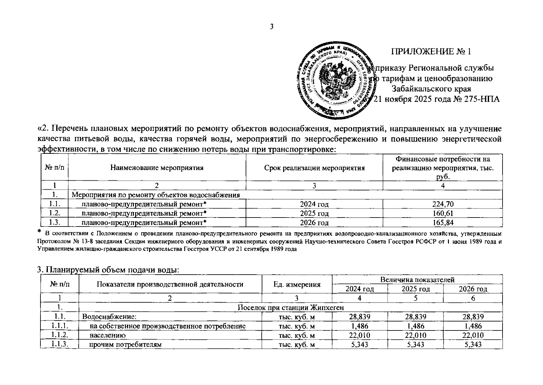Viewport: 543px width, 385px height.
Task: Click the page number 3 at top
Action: tap(271, 27)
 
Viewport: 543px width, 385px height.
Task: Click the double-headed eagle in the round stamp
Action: tap(337, 80)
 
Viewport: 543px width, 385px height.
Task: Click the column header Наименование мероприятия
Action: tap(157, 168)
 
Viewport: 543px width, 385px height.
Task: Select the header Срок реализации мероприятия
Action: tap(314, 168)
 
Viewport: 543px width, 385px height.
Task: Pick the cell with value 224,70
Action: tap(442, 204)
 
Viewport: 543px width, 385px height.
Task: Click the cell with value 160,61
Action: tap(442, 213)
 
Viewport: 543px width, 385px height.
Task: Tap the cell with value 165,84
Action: tap(442, 223)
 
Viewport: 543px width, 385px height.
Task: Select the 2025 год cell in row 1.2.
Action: tap(314, 213)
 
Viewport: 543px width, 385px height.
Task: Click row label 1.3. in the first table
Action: tap(55, 223)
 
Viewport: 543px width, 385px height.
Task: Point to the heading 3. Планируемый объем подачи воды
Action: tap(108, 270)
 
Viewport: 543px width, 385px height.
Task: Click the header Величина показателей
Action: tap(417, 280)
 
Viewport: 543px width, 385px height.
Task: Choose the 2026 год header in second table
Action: tap(473, 289)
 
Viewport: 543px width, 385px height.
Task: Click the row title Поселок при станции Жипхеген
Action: tap(290, 308)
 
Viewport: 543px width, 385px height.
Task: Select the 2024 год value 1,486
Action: tap(359, 326)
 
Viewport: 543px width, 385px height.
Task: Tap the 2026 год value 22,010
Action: tap(473, 336)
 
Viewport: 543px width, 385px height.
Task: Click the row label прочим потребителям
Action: tap(125, 345)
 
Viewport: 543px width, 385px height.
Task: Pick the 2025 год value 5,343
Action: tap(416, 345)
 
